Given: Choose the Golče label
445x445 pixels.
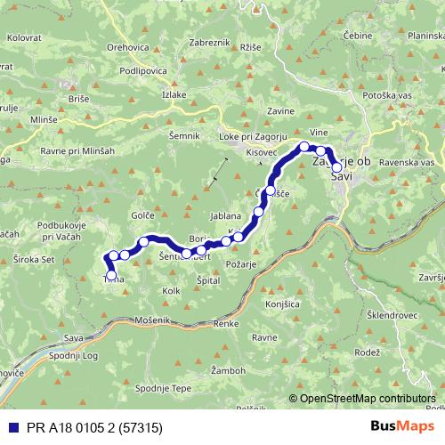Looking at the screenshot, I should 143,215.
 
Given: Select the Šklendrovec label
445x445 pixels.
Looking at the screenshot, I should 389,316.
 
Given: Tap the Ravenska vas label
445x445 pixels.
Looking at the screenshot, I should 406,164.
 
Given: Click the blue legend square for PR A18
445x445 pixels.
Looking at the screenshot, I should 10,427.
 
